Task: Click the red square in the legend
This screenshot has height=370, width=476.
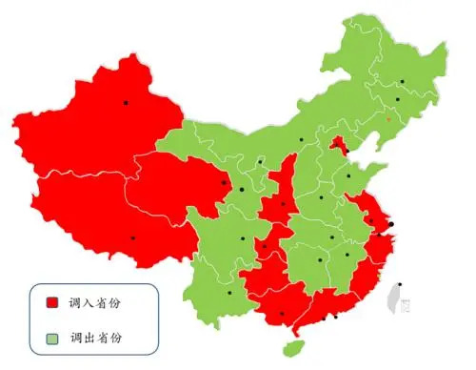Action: click(x=53, y=302)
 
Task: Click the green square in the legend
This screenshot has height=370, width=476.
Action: click(x=53, y=337)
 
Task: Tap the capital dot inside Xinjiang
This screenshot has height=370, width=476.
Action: click(x=125, y=102)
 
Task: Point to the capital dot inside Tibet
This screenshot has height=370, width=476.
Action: click(x=132, y=237)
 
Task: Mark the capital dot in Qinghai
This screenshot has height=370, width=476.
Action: click(x=224, y=183)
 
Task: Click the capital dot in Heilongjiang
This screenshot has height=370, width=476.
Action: click(x=402, y=82)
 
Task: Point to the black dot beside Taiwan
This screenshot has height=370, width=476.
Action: click(x=400, y=285)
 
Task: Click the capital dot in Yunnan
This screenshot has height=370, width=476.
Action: click(x=228, y=294)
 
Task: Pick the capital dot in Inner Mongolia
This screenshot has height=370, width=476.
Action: click(x=302, y=140)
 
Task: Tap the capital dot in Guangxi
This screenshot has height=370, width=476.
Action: click(x=282, y=314)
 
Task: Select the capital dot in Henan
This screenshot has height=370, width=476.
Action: click(x=322, y=198)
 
